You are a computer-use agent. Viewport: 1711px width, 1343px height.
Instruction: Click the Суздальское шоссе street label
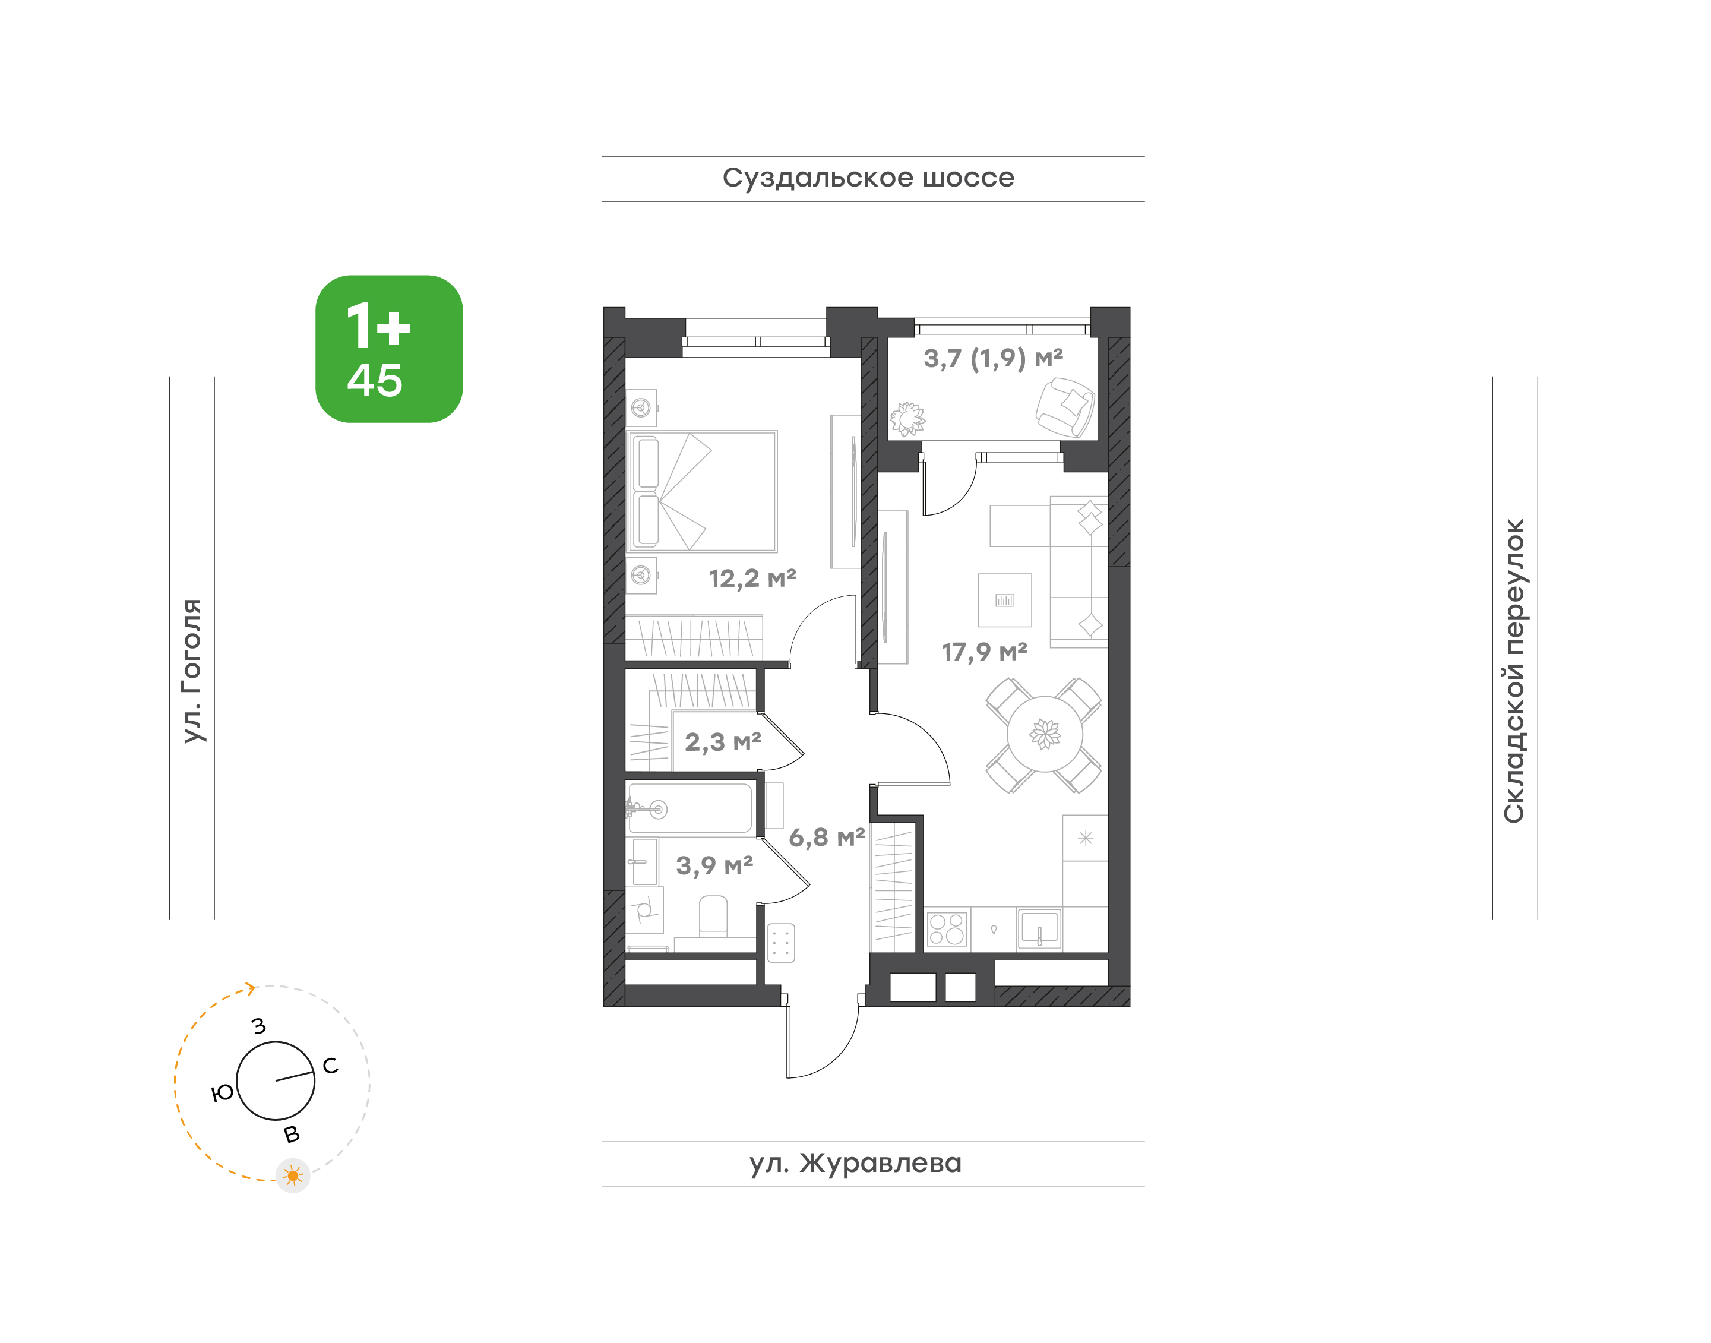pos(868,178)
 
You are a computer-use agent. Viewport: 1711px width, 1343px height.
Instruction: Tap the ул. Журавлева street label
pos(855,1163)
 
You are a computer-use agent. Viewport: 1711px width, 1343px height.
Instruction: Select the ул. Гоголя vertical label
pos(192,671)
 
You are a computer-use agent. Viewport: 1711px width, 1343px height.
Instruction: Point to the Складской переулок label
pos(1514,671)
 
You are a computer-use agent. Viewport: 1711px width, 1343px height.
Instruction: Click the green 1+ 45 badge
pos(389,349)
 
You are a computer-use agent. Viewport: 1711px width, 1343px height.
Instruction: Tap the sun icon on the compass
pos(293,1175)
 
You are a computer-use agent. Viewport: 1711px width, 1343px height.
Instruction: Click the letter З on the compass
pos(259,1026)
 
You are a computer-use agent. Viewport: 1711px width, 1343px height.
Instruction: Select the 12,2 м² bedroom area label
pos(752,579)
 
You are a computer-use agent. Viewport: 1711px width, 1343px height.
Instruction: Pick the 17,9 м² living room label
pos(985,652)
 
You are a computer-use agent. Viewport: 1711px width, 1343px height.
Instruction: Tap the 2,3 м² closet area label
pos(723,741)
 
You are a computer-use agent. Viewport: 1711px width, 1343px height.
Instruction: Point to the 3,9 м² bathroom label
pos(714,865)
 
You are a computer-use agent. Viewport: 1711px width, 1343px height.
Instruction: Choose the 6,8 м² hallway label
pos(827,838)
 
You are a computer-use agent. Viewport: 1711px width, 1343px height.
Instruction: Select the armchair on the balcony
pos(1065,406)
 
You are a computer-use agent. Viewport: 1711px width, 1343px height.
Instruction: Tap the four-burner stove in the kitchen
pos(947,928)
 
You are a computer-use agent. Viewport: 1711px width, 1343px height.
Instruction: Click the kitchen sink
pos(1039,928)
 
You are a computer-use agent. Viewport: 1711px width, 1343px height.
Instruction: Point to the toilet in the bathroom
pos(713,916)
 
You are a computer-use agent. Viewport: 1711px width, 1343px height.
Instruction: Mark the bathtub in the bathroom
pos(690,808)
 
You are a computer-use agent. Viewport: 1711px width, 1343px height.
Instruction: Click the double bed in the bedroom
pos(701,491)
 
